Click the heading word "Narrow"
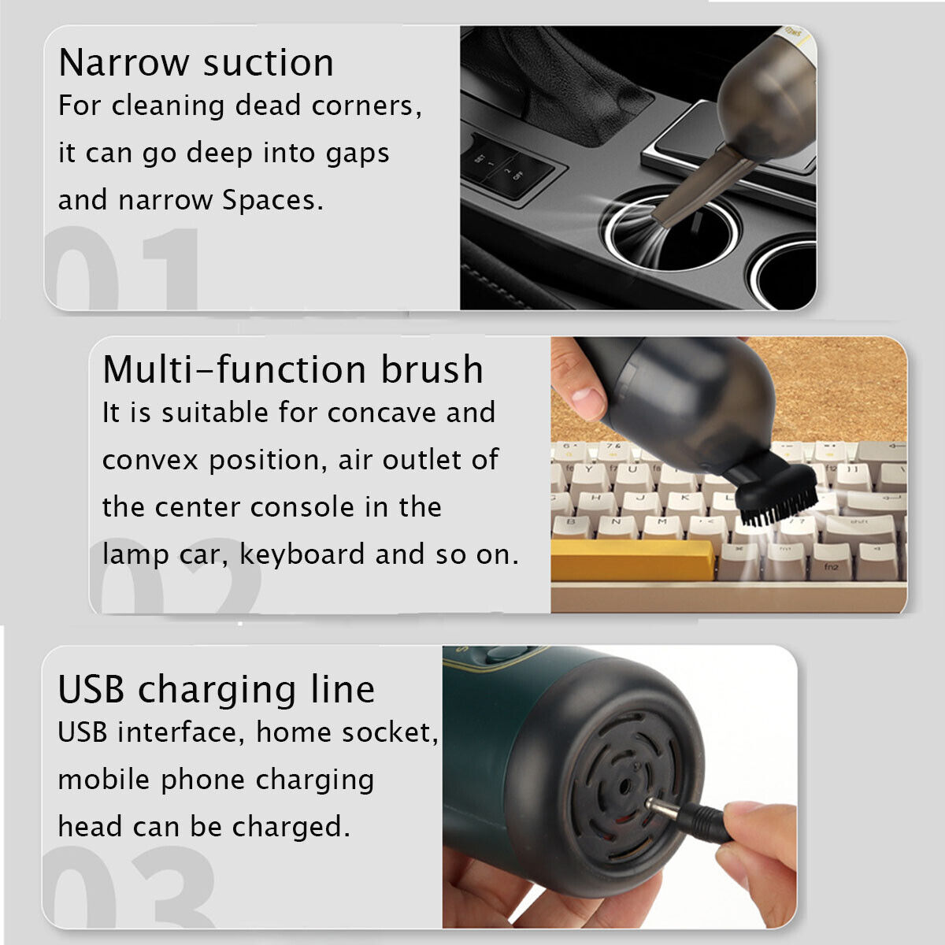(x=124, y=63)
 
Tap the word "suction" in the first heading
(x=269, y=63)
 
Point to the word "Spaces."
(x=272, y=200)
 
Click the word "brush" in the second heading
(x=432, y=369)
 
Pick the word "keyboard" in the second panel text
(x=302, y=554)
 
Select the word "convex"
(x=150, y=460)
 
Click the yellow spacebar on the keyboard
(x=632, y=560)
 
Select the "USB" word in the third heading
(x=91, y=689)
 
